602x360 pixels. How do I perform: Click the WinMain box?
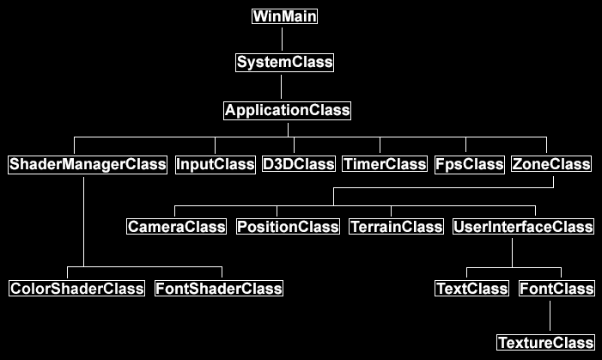point(284,16)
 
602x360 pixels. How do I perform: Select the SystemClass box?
point(284,63)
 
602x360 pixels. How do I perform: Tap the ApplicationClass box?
point(287,111)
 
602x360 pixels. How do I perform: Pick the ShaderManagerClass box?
point(88,165)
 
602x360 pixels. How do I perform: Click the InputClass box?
point(216,165)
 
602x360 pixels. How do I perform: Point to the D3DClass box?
point(299,164)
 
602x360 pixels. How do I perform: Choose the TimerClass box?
point(385,164)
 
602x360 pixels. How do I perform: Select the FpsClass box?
point(470,165)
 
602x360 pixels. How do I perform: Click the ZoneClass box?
point(551,164)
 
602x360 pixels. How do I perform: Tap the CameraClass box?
point(177,227)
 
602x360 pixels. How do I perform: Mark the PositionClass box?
point(288,227)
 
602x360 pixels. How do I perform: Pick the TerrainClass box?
point(396,227)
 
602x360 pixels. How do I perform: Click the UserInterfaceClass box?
point(523,227)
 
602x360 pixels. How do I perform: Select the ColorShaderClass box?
point(76,289)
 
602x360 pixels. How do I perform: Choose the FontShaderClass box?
point(219,289)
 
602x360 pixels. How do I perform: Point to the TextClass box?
point(471,289)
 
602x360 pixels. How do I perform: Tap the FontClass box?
point(556,289)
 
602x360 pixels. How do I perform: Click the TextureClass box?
point(545,342)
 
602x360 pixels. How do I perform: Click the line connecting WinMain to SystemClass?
point(283,40)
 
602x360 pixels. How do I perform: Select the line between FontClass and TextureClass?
point(550,316)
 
